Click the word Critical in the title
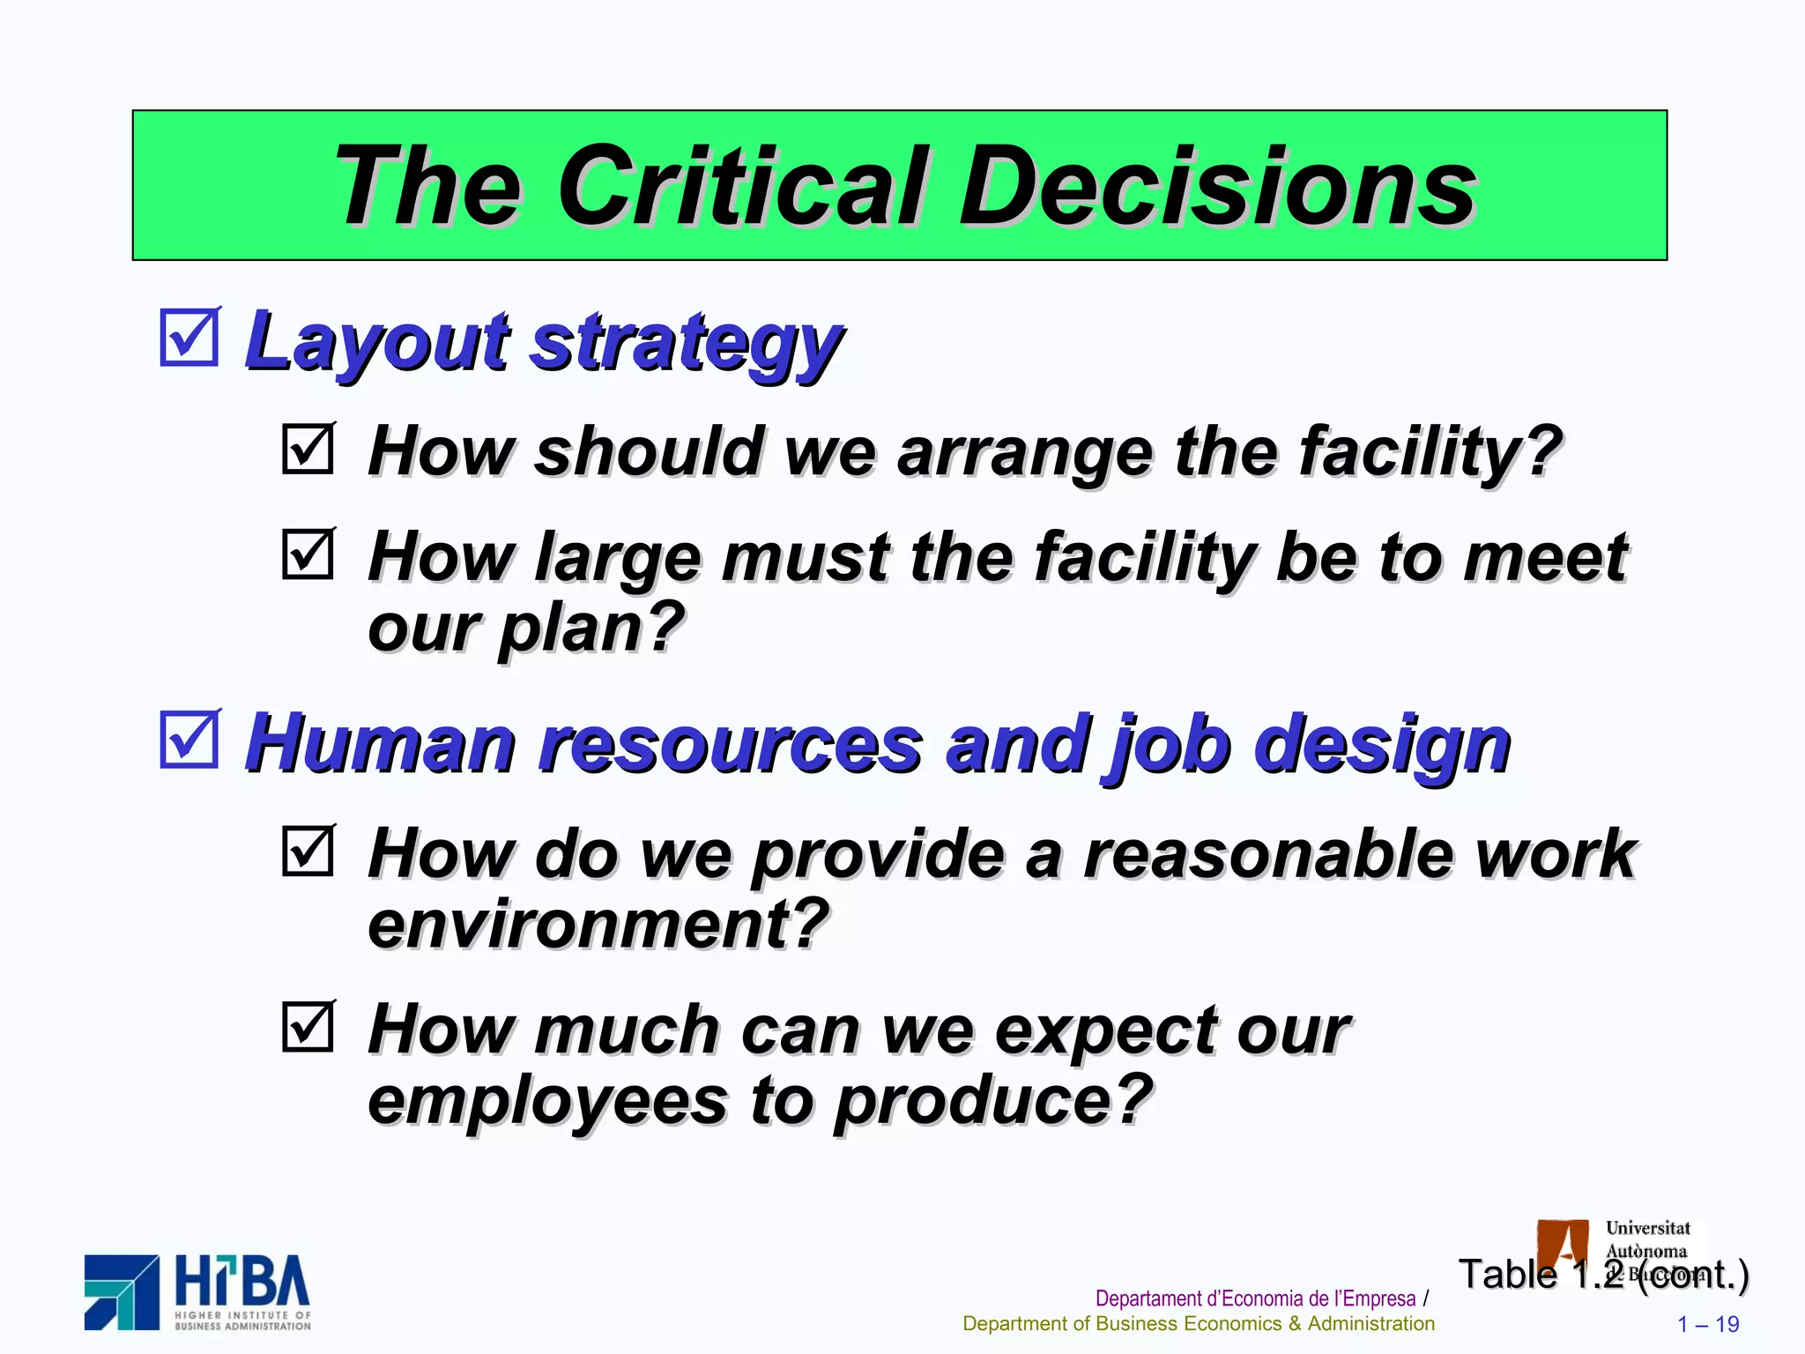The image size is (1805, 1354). point(743,187)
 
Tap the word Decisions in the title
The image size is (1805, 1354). point(1217,187)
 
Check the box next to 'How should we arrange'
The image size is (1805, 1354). point(308,449)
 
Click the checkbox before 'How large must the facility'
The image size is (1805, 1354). point(308,554)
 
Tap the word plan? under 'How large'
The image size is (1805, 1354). point(591,628)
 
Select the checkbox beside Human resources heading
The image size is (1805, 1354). point(189,739)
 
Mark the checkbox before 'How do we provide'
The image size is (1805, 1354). point(308,851)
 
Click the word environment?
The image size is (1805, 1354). point(598,924)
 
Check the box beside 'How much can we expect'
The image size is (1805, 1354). point(308,1026)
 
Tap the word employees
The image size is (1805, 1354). point(546,1100)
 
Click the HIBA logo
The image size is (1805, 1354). point(197,1292)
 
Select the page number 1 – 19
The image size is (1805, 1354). point(1708,1324)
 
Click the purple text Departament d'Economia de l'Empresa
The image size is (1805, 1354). point(1255,1298)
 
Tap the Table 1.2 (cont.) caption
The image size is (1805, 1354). point(1603,1275)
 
